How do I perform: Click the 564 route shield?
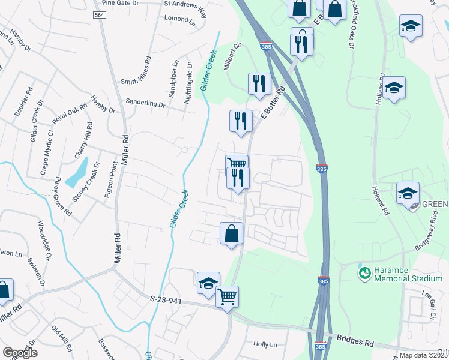click(x=100, y=14)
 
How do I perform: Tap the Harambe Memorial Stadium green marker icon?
click(x=364, y=274)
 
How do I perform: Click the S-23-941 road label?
click(x=166, y=298)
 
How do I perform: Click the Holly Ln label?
click(x=265, y=344)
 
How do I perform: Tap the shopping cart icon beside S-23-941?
click(x=227, y=295)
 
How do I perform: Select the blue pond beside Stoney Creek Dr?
click(x=76, y=174)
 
